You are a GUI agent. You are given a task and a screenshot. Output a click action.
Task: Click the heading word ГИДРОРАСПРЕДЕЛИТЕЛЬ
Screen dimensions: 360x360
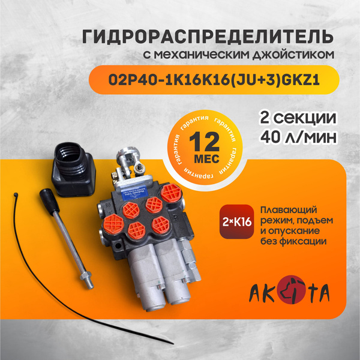[x=208, y=37]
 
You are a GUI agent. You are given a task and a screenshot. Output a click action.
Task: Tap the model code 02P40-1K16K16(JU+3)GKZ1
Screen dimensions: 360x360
[x=214, y=80]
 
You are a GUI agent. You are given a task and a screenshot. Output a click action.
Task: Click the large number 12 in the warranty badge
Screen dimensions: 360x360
[x=205, y=142]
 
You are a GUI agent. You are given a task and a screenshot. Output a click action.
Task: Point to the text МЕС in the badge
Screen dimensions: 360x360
[x=206, y=158]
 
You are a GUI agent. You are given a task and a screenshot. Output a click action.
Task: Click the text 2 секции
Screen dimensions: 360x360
[x=298, y=118]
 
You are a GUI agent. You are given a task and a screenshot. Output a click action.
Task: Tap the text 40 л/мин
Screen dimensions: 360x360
[x=298, y=137]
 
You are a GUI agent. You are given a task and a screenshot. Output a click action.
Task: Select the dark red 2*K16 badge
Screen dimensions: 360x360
[x=237, y=221]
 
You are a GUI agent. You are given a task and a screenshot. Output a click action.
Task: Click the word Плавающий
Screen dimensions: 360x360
[x=289, y=210]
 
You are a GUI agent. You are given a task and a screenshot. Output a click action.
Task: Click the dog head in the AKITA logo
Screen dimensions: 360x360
[x=292, y=289]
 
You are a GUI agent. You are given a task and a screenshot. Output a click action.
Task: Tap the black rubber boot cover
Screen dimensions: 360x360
[x=74, y=169]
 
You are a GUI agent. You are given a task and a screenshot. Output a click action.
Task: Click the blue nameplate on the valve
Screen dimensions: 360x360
[x=131, y=193]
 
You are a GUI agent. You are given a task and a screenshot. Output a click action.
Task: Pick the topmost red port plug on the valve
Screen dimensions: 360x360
[x=171, y=193]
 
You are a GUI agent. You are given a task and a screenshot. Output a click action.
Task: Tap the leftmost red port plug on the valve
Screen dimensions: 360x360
[x=113, y=224]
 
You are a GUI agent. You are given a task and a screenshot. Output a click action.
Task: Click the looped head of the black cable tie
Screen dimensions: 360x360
[x=16, y=195]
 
